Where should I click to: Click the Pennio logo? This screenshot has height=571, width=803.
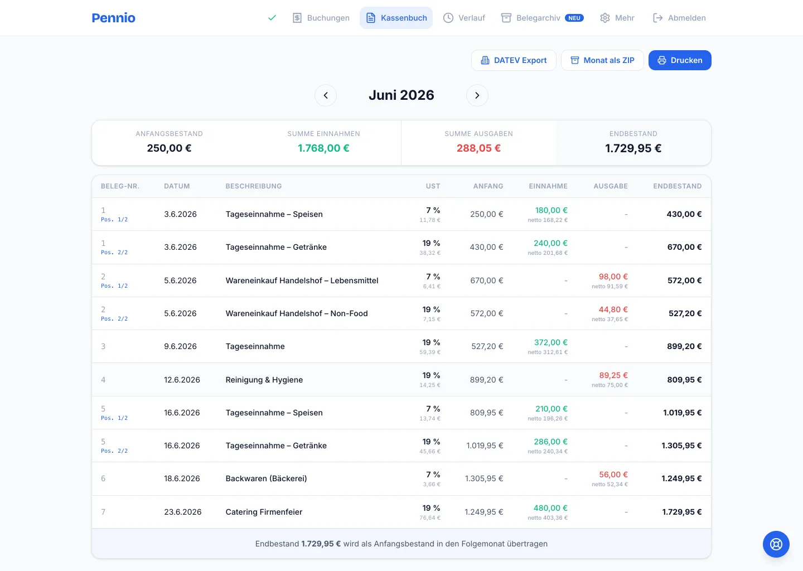coord(113,17)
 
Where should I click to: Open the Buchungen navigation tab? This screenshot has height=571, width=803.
coord(321,17)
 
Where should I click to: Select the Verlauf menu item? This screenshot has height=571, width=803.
coord(464,17)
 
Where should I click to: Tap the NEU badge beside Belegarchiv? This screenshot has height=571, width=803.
coord(574,17)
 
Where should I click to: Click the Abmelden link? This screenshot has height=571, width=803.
coord(679,17)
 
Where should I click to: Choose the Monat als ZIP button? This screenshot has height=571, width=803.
coord(602,60)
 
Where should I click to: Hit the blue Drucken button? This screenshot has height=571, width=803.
coord(680,60)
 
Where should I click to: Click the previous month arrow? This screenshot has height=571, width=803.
coord(326,95)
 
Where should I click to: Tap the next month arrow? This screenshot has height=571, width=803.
coord(477,95)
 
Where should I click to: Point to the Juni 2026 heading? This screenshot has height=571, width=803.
coord(401,95)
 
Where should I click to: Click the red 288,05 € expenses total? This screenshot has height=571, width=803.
coord(478,148)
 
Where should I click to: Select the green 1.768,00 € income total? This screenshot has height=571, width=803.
coord(323,148)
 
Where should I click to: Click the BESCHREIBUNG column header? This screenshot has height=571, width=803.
coord(253,186)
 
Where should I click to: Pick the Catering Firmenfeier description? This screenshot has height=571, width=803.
coord(264,512)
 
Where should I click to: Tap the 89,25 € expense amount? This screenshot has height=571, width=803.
coord(613,375)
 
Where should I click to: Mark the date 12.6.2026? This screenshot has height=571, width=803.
coord(182,380)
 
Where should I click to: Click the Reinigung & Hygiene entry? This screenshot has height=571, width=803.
coord(264,380)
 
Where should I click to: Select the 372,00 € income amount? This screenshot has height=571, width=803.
coord(550,342)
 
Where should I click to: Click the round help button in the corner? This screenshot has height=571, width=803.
coord(776,544)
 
